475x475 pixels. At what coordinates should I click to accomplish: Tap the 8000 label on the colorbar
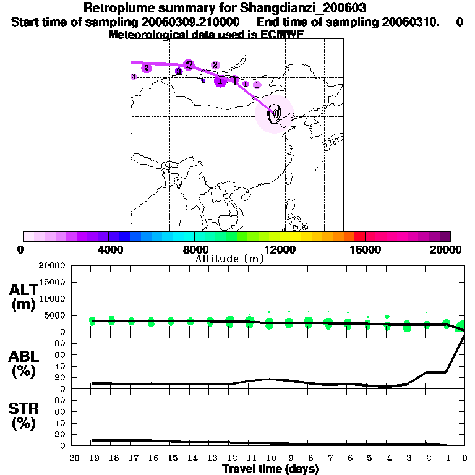(x=194, y=250)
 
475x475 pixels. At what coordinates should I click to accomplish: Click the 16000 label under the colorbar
(x=366, y=250)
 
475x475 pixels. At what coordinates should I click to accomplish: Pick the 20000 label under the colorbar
(x=451, y=250)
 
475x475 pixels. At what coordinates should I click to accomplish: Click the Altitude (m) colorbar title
(x=229, y=259)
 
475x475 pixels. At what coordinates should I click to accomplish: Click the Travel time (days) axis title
(x=270, y=469)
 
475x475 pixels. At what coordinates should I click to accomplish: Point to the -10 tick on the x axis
(x=268, y=458)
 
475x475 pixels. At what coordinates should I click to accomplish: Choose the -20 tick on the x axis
(x=72, y=458)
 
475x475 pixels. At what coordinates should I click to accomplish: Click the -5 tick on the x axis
(x=367, y=458)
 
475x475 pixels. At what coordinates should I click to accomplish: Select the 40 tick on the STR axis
(x=61, y=422)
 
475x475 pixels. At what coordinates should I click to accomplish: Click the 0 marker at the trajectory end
(x=274, y=114)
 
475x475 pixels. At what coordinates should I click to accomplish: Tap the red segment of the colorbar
(x=359, y=236)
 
